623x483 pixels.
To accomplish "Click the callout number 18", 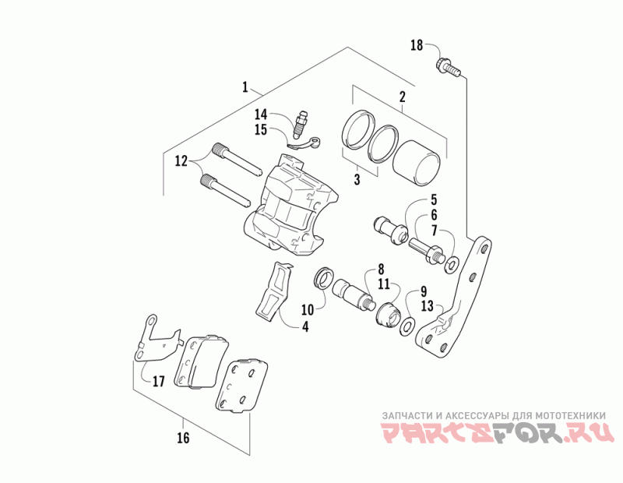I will pyautogui.click(x=417, y=45).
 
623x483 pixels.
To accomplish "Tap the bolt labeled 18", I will pyautogui.click(x=447, y=65).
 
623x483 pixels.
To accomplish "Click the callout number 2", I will pyautogui.click(x=402, y=98).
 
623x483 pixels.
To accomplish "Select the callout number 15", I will pyautogui.click(x=260, y=129).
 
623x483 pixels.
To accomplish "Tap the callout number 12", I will pyautogui.click(x=181, y=161).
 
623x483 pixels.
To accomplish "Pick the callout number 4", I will pyautogui.click(x=305, y=327).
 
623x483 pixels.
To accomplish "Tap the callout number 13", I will pyautogui.click(x=427, y=306).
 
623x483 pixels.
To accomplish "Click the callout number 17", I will pyautogui.click(x=158, y=382).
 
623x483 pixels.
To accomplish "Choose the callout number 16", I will pyautogui.click(x=183, y=438).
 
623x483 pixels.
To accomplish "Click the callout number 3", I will pyautogui.click(x=357, y=180).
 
